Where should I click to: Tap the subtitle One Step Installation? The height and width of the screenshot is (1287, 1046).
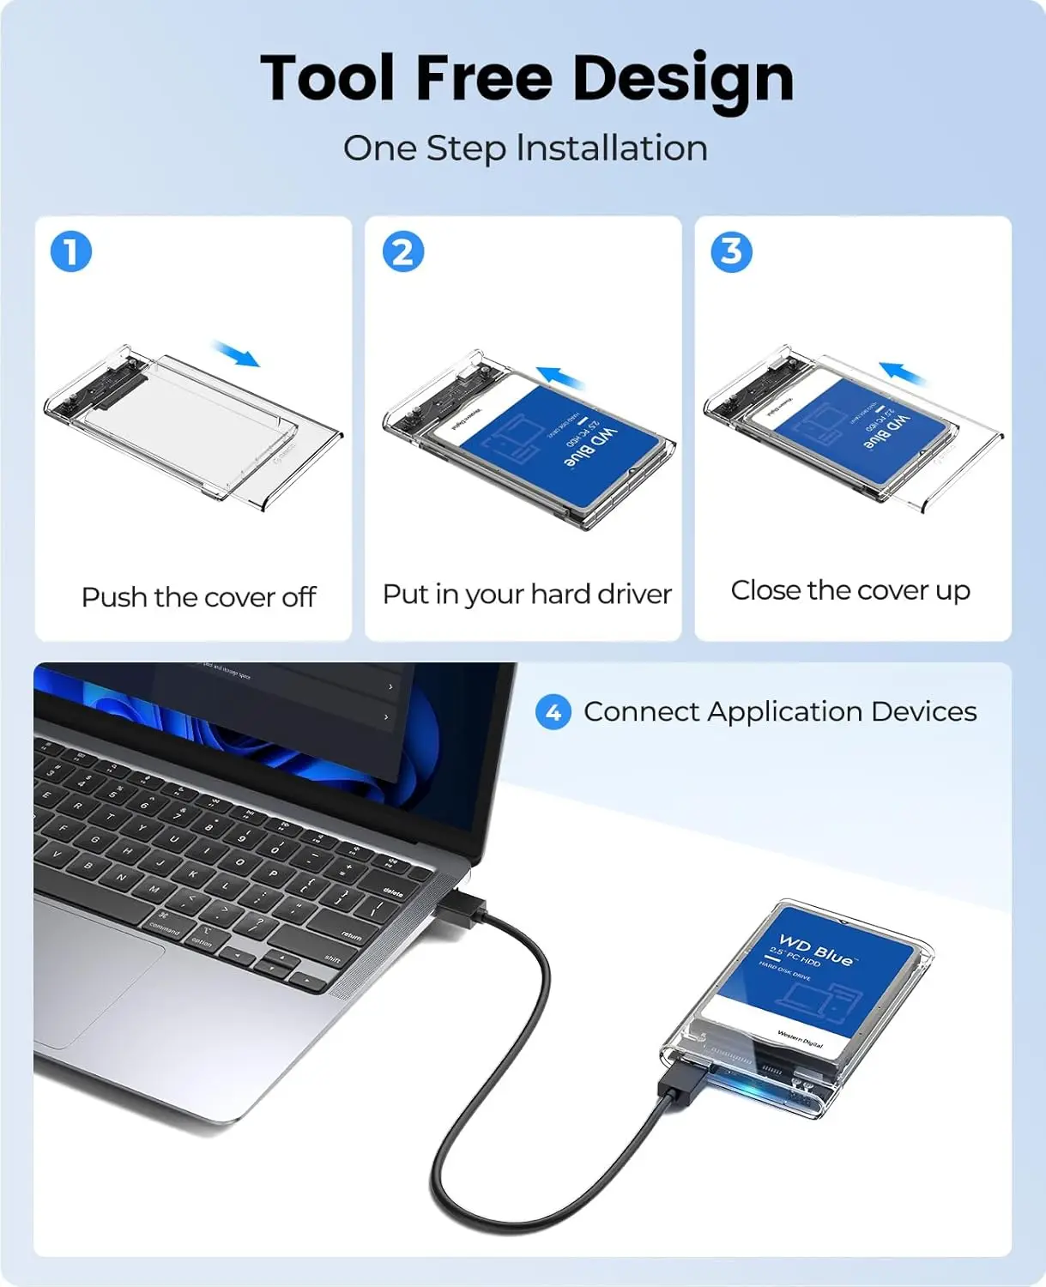pos(525,148)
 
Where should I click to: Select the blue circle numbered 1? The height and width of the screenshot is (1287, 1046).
pos(71,252)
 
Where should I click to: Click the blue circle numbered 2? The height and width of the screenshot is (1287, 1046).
pos(402,252)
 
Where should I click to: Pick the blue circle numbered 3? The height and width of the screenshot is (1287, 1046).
pos(731,252)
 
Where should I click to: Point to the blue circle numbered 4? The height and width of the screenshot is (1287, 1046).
pos(553,712)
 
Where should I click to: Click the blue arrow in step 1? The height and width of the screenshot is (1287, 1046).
pos(237,353)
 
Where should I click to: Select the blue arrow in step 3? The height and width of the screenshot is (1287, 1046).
pos(902,373)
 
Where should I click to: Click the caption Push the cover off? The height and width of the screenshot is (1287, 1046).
pos(198,597)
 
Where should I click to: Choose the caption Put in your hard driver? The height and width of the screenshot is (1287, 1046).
pos(527,594)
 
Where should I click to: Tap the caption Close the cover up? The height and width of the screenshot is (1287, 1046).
pos(850,590)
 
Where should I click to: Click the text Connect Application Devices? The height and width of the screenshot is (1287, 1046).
pos(780,712)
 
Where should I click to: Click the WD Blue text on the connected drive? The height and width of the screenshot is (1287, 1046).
pos(816,950)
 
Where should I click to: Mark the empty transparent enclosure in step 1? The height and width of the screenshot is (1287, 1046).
pos(193,425)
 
